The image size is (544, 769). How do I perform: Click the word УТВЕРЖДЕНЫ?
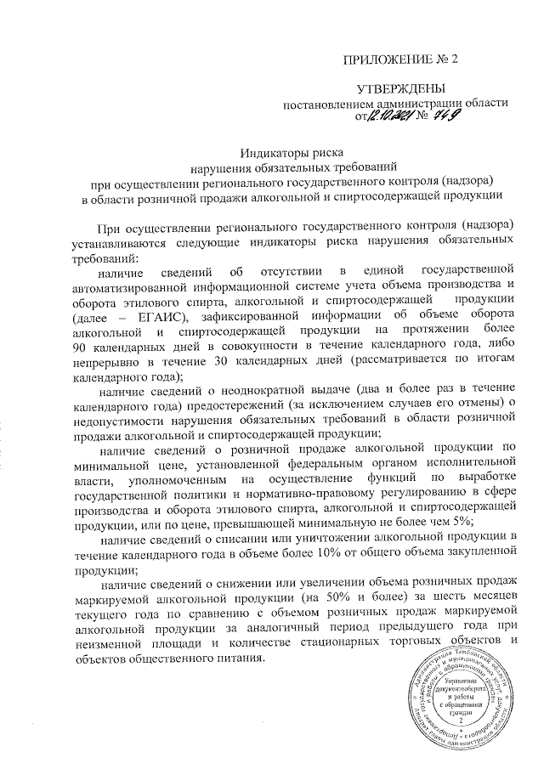[400, 88]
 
